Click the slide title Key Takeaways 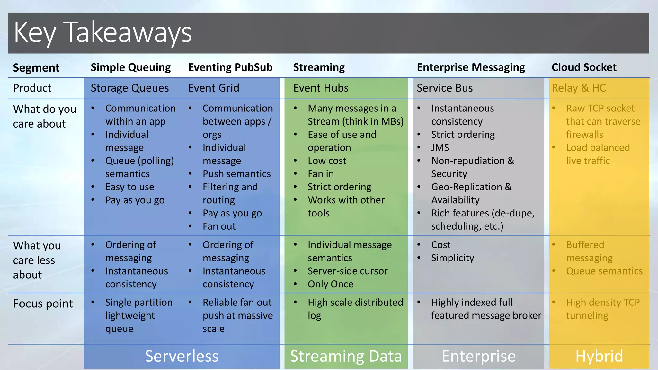point(103,32)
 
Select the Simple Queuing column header point(130,67)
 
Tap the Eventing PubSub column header point(230,67)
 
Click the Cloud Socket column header point(584,67)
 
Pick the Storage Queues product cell point(129,88)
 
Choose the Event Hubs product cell point(321,88)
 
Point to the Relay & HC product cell point(579,88)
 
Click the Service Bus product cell point(444,88)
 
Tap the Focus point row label point(43,304)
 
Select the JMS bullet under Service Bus point(440,148)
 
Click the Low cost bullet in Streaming point(327,161)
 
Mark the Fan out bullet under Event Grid point(219,226)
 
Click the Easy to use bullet point(129,187)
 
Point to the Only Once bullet point(330,284)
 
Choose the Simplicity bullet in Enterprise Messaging point(452,258)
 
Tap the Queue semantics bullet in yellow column point(604,271)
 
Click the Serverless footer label point(182,356)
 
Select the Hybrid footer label point(599,356)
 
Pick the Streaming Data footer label point(346,356)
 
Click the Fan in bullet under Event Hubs point(321,174)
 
